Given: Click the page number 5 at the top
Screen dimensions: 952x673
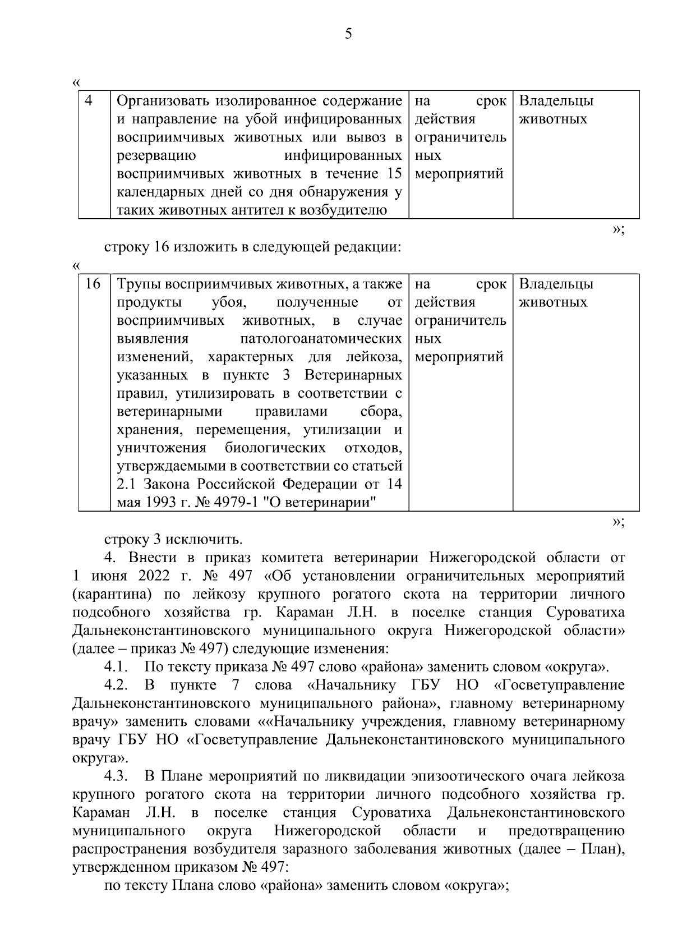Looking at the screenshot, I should [348, 35].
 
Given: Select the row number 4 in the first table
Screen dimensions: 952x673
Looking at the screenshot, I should [89, 101].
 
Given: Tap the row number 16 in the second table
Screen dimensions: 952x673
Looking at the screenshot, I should [93, 284].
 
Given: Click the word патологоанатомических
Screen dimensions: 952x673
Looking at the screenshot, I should [321, 339].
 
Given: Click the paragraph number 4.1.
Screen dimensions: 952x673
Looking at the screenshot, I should [116, 668].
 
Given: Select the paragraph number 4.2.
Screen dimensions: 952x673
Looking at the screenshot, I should [116, 686].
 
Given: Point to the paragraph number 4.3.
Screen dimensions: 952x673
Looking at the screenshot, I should [116, 777].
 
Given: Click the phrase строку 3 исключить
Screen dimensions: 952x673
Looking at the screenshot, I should [173, 540].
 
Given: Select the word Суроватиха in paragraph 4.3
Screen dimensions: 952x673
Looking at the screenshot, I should [392, 813].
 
